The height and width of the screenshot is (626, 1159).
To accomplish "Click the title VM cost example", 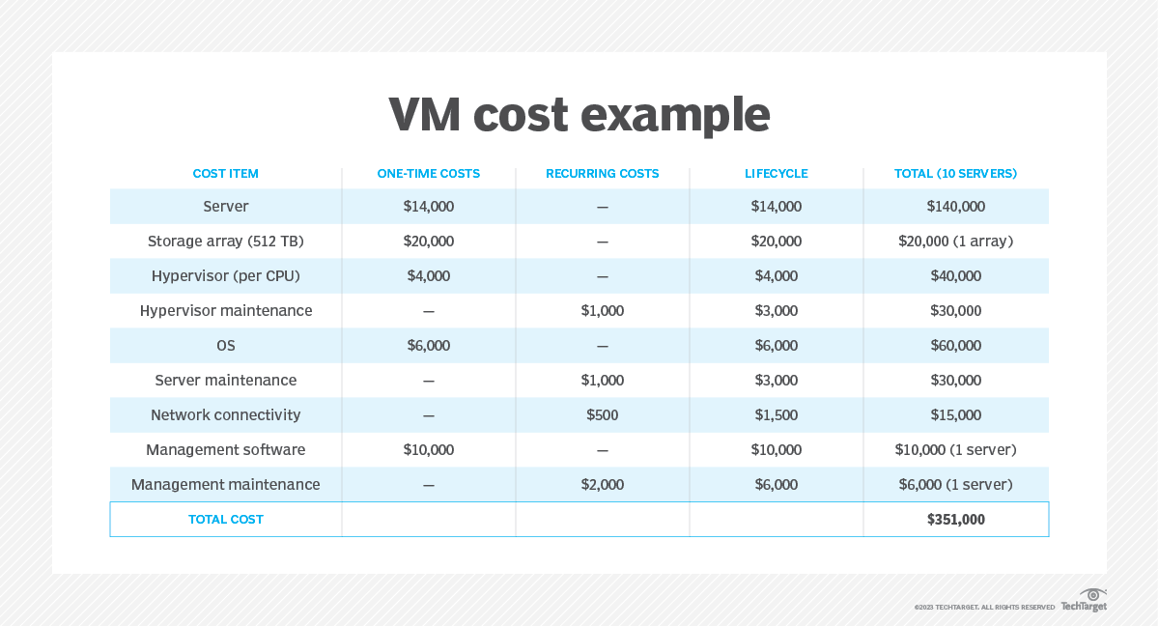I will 579,115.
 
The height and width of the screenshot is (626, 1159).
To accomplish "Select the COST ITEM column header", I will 226,174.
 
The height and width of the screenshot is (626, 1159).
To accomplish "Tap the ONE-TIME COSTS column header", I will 428,174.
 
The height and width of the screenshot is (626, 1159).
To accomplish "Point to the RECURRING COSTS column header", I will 602,174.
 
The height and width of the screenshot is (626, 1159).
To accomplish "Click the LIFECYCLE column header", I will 776,174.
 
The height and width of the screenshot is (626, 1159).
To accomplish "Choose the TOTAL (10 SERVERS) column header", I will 955,174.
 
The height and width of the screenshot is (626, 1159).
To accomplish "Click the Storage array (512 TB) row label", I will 226,242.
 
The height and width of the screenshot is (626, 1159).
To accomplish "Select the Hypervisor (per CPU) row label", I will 226,276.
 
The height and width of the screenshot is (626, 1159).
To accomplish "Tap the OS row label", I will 226,346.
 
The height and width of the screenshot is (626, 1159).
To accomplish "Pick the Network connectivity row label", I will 226,415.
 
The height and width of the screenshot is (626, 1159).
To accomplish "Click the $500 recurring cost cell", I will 602,415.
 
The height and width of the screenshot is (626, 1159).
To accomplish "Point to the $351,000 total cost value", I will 955,520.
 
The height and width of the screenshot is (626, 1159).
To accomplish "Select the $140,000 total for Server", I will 955,207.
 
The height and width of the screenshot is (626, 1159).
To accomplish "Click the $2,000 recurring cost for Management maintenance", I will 602,485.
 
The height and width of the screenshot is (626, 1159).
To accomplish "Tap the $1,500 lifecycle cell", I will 776,415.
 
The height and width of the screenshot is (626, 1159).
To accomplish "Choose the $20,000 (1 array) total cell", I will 955,242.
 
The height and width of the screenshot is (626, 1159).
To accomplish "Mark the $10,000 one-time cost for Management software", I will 428,450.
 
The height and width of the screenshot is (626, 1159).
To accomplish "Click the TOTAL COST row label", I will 226,520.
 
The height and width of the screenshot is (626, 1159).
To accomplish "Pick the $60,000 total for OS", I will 955,346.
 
